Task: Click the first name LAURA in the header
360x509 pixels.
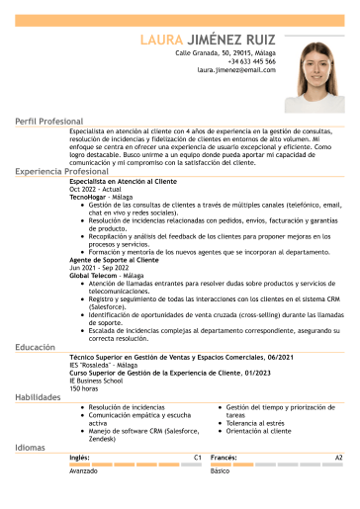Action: [161, 40]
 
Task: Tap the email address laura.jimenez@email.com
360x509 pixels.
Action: [236, 70]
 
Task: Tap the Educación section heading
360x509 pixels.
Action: [35, 348]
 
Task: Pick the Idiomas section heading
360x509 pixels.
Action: [30, 448]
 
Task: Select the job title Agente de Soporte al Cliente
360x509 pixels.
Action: [114, 260]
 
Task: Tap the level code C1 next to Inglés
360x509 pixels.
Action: [198, 459]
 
